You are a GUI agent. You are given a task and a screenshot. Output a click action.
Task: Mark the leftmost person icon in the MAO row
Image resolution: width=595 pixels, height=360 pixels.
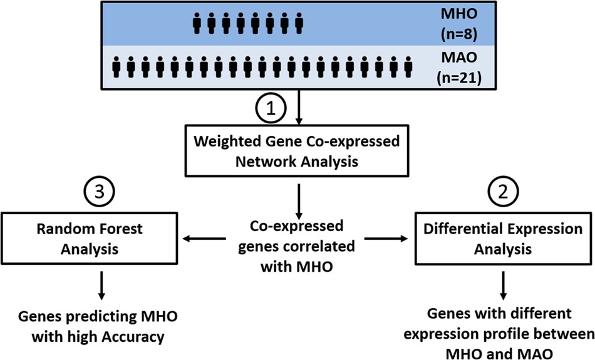117,66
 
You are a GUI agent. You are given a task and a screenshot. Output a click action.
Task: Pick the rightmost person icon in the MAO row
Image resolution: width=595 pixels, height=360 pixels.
410,66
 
